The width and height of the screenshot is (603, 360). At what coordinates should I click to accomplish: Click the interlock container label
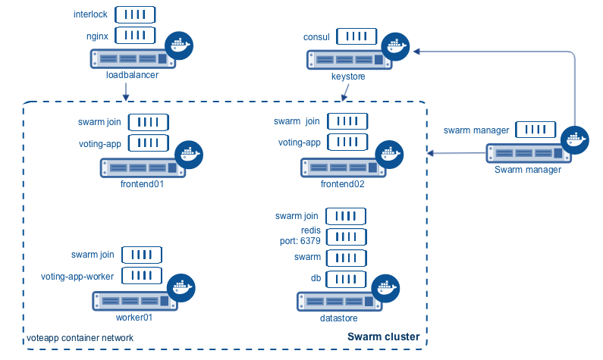click(90, 14)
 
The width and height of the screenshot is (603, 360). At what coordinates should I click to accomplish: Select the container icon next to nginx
click(135, 35)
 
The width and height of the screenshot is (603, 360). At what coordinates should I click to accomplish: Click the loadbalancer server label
click(132, 75)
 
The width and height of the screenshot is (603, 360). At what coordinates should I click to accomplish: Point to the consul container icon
click(357, 36)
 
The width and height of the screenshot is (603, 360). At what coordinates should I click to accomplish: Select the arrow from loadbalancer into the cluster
click(125, 90)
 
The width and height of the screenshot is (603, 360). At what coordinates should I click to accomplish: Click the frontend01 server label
click(142, 184)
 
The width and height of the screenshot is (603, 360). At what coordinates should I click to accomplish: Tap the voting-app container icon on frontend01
click(148, 142)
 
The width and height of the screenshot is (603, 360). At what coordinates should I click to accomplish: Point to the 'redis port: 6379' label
click(301, 236)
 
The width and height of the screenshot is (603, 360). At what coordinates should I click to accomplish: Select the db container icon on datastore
click(346, 278)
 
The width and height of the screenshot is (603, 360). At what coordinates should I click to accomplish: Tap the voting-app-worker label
click(77, 276)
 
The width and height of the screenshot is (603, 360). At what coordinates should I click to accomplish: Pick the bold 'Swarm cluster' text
click(383, 336)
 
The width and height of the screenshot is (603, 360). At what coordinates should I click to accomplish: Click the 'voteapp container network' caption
click(80, 337)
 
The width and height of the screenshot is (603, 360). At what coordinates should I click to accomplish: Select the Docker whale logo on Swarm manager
click(576, 139)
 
